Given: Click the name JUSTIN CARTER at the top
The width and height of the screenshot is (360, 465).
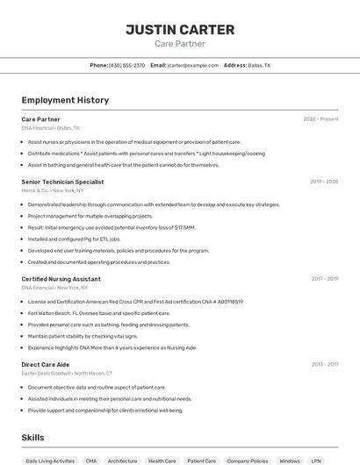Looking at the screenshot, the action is click(x=180, y=30).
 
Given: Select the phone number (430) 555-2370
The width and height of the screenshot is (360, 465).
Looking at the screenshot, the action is click(x=127, y=65).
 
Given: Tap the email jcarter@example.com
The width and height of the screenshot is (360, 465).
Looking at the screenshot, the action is click(x=193, y=65).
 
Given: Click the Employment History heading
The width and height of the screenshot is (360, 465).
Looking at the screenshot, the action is click(x=65, y=100).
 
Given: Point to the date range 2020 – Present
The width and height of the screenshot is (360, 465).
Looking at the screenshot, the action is click(x=320, y=119).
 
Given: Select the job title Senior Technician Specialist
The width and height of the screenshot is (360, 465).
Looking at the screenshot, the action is click(x=62, y=182).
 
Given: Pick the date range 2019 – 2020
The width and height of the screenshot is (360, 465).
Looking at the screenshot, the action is click(x=324, y=182).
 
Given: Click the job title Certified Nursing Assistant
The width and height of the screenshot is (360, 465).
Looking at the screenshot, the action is click(x=61, y=279).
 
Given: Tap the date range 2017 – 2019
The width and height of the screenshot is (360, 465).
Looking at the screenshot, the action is click(x=324, y=279).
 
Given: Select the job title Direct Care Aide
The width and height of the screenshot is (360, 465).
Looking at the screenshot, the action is click(x=46, y=364).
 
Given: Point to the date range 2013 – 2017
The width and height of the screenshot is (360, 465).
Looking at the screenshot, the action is click(x=324, y=364).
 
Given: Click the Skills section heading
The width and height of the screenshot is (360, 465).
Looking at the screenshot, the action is click(x=32, y=437).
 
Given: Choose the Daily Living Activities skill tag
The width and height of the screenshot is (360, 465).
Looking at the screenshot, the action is click(x=50, y=460).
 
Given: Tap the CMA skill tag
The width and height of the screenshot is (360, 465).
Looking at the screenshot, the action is click(x=91, y=460).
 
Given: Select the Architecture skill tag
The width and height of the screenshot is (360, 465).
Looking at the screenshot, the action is click(x=122, y=460).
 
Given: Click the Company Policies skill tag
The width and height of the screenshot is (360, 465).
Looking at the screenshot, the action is click(x=247, y=460).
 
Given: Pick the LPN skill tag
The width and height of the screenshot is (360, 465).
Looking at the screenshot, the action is click(x=316, y=460).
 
